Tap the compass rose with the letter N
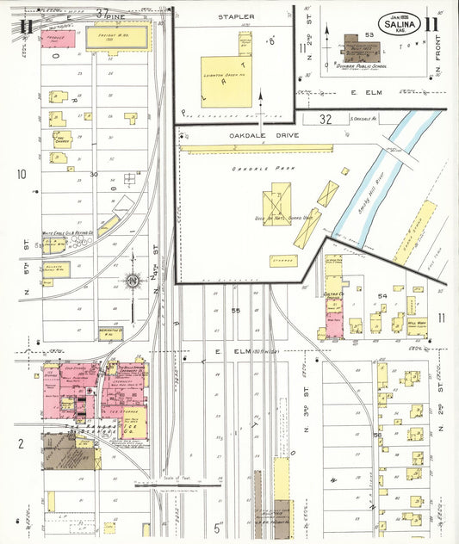tap(133, 281)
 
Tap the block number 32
tap(325, 118)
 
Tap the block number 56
tap(376, 436)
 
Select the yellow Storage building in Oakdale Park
tap(282, 260)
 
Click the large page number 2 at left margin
tap(19, 443)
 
